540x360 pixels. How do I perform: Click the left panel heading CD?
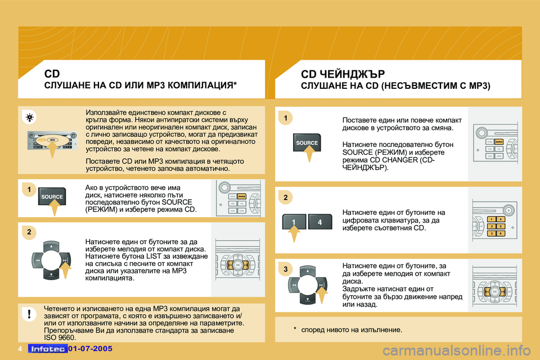[52, 73]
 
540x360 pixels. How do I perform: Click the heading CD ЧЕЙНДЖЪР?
[343, 74]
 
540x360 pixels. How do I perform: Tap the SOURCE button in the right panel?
[307, 143]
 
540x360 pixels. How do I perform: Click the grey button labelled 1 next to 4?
[294, 222]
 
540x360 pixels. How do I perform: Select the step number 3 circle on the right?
[285, 270]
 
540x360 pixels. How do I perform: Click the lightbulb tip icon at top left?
[29, 118]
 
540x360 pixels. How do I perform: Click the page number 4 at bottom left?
[19, 349]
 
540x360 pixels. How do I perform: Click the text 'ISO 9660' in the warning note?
[59, 337]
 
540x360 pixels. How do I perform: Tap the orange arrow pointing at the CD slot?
[51, 150]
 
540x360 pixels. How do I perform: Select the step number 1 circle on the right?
[285, 118]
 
